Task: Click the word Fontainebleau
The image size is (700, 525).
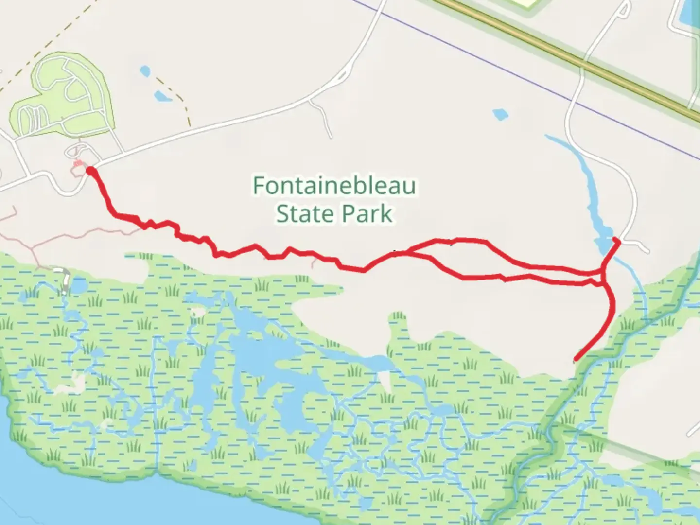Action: pyautogui.click(x=334, y=186)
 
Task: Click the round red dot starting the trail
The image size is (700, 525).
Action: pyautogui.click(x=90, y=170)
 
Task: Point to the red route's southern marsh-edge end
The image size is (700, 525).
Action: pyautogui.click(x=576, y=360)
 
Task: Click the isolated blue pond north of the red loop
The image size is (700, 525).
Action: pyautogui.click(x=500, y=115)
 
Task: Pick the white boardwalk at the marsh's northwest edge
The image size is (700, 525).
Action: pyautogui.click(x=65, y=280)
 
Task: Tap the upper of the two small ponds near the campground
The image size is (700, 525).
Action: pyautogui.click(x=145, y=71)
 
